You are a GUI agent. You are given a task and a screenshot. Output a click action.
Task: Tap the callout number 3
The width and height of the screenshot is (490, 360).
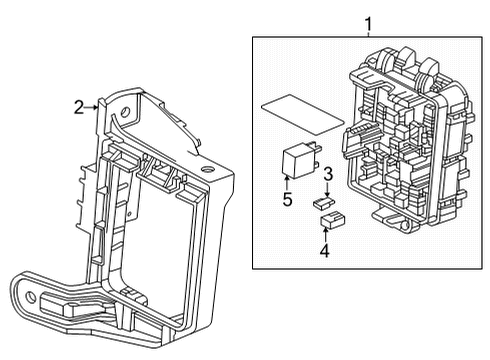327,175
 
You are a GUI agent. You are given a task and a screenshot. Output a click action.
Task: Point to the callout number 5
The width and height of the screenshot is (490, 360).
286,198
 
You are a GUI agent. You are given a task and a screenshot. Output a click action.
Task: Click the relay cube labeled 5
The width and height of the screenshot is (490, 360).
296,160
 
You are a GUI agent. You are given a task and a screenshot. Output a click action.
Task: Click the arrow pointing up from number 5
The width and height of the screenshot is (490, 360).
286,181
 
